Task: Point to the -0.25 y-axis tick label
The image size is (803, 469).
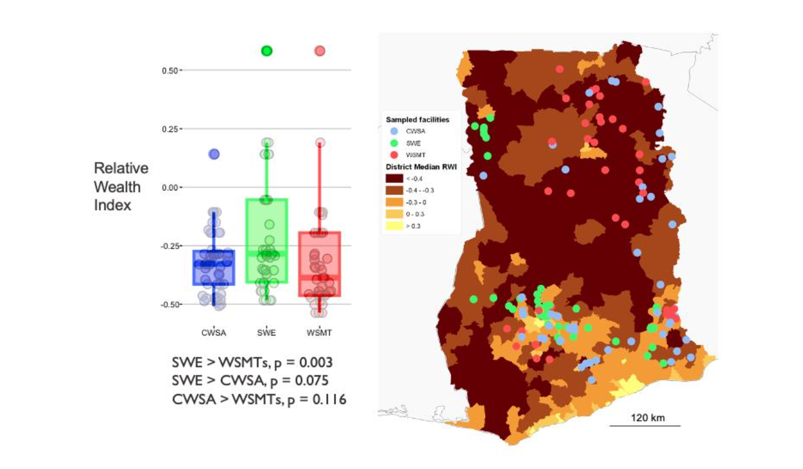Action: click(171, 246)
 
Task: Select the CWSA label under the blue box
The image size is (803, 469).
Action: click(214, 333)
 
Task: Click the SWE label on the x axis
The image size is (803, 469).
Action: click(266, 333)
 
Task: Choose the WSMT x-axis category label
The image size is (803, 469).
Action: click(319, 333)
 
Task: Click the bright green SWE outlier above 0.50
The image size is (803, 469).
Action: click(266, 51)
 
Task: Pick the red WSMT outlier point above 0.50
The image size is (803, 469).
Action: click(320, 51)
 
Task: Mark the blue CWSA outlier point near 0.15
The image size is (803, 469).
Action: click(214, 154)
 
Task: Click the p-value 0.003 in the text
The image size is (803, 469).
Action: click(316, 363)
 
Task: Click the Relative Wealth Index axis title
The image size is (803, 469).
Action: click(121, 187)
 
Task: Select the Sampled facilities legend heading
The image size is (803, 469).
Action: click(418, 120)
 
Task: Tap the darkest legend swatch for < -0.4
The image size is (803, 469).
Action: click(395, 178)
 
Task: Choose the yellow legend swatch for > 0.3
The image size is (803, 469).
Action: click(395, 226)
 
